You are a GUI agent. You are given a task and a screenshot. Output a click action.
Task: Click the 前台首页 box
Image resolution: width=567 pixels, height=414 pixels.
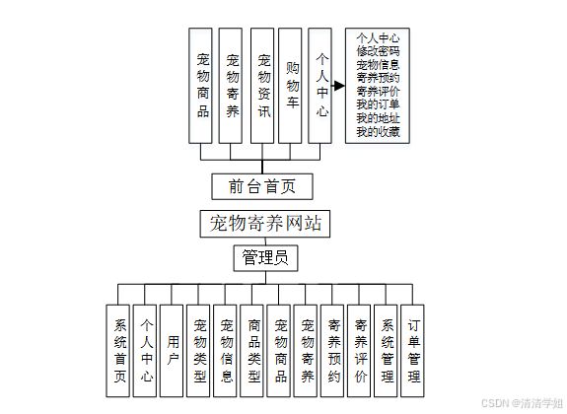click(262, 186)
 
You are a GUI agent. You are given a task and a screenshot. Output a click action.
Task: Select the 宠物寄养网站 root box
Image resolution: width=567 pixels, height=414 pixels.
click(265, 224)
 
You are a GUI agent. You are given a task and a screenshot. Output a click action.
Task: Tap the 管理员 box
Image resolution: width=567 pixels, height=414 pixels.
click(266, 258)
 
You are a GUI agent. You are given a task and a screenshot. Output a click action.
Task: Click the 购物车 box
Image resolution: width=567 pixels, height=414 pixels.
click(290, 86)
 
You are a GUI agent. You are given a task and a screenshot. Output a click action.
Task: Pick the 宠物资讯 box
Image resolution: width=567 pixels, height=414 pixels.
click(262, 86)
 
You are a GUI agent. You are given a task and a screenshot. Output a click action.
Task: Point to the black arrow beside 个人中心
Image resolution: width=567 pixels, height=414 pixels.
click(338, 86)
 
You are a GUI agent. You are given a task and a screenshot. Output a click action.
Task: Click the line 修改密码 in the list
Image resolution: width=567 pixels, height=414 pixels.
click(378, 51)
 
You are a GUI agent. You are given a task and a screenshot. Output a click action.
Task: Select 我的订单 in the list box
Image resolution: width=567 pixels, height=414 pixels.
click(378, 104)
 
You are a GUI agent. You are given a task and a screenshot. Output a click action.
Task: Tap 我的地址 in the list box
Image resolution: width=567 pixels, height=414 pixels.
click(378, 118)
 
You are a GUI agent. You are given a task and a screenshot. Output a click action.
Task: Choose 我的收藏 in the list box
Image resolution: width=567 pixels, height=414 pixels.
click(378, 132)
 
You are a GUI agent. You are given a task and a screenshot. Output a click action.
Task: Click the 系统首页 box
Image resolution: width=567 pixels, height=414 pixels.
click(118, 351)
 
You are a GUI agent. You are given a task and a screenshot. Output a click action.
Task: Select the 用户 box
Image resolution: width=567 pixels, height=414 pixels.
click(172, 351)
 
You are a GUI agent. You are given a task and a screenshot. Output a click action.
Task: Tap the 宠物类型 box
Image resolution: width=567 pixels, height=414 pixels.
click(198, 351)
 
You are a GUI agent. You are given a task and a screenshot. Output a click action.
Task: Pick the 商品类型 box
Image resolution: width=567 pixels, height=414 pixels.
click(251, 351)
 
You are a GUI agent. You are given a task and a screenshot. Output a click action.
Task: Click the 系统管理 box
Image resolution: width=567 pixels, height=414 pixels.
click(386, 351)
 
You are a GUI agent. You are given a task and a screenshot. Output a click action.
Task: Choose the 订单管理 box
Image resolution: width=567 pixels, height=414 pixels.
click(412, 351)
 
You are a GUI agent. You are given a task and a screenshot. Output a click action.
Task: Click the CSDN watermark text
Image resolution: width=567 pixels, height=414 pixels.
click(523, 403)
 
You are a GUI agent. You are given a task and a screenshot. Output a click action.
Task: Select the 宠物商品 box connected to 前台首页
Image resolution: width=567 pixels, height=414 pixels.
click(200, 86)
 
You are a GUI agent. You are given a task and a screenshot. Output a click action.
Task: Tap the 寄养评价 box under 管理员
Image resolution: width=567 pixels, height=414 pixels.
click(359, 351)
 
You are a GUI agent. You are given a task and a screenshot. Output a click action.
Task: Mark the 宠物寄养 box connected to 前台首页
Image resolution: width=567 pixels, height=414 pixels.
click(231, 86)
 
